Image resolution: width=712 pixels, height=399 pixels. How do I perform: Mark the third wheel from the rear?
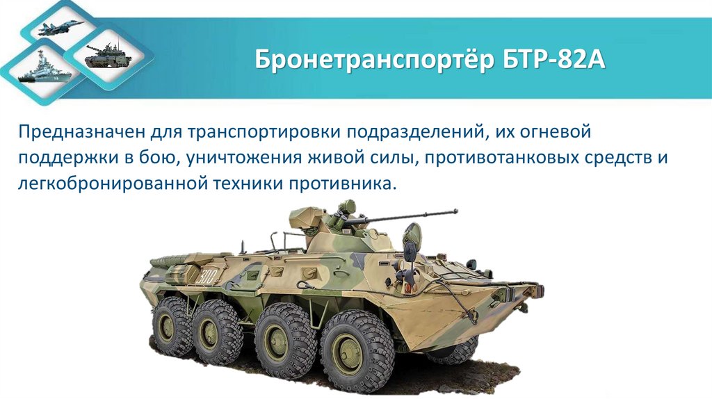click(285, 339)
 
